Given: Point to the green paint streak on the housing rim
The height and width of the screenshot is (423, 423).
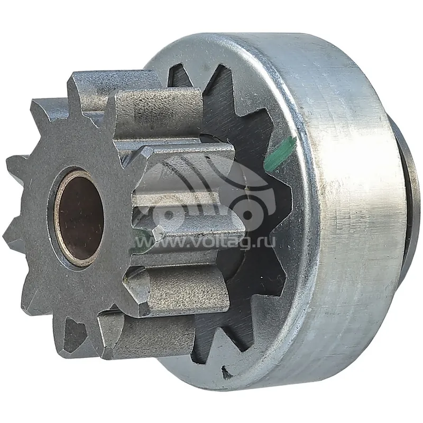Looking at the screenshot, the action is point(279,154).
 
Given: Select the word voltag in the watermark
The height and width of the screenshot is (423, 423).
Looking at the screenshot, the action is point(223,241).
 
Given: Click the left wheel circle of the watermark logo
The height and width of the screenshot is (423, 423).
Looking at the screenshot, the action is point(169,215).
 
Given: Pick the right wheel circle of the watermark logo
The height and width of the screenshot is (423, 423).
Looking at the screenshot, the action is point(249,215).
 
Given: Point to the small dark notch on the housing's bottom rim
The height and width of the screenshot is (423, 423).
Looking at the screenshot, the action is point(227,372).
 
